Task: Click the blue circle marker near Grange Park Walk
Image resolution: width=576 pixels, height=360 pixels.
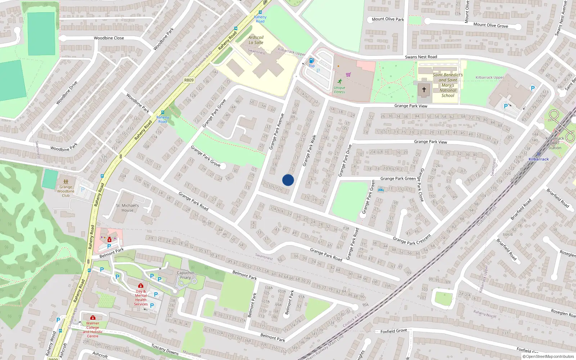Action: (x=288, y=180)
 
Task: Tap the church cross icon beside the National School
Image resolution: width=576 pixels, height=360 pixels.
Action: (x=424, y=90)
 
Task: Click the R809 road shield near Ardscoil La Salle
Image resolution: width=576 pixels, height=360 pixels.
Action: (x=189, y=80)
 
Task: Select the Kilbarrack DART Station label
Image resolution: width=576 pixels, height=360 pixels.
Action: (x=555, y=143)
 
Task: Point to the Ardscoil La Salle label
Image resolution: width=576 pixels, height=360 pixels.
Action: (x=256, y=40)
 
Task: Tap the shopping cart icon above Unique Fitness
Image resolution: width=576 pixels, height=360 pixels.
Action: (x=348, y=75)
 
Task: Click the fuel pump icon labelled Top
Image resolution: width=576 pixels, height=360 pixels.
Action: (x=312, y=61)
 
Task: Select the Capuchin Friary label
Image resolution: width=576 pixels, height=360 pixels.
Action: (x=185, y=275)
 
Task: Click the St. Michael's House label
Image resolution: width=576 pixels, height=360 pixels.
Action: (x=127, y=208)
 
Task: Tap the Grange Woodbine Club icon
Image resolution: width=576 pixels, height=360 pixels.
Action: (x=66, y=182)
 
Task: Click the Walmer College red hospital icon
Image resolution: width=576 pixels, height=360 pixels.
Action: (x=93, y=318)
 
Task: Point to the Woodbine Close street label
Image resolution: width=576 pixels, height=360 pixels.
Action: (x=109, y=38)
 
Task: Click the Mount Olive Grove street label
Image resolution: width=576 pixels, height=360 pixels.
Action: (x=491, y=25)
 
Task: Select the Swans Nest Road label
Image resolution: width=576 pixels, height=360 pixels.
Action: (x=421, y=57)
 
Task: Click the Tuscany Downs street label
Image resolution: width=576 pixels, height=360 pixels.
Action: (x=165, y=349)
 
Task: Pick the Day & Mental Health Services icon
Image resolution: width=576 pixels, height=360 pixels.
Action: (x=141, y=285)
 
